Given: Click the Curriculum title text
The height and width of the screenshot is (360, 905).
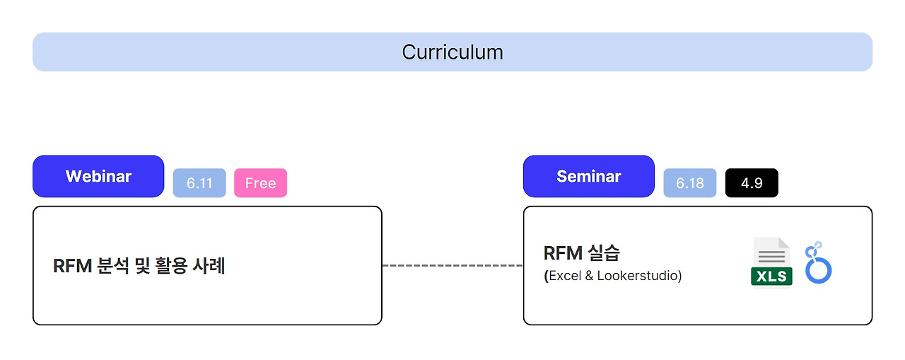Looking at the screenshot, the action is (452, 52).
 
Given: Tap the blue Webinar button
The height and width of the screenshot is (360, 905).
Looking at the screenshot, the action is (98, 176).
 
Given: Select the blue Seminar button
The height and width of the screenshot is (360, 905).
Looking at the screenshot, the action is (589, 176).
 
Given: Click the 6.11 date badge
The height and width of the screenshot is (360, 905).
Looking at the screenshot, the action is (199, 183).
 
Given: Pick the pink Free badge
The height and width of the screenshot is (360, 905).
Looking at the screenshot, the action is (261, 183).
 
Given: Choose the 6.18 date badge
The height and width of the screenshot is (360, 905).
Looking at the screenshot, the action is (690, 183).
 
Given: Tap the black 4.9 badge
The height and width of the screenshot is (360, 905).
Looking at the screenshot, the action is (752, 183).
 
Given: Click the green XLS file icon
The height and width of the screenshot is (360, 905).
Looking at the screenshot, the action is (771, 262).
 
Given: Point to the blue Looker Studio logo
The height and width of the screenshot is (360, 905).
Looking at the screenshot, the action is (818, 262).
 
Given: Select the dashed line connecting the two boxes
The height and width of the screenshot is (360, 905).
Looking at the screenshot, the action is (452, 265).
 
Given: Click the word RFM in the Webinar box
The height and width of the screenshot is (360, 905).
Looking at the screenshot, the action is (72, 266).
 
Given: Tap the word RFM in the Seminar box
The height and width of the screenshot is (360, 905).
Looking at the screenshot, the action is (563, 253).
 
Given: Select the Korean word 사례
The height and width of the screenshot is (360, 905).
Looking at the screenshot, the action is (209, 266).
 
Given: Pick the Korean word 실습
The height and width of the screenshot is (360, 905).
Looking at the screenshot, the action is (604, 253).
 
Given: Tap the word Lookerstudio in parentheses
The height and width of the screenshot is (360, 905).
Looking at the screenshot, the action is (637, 276).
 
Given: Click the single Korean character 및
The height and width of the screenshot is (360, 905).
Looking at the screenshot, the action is (142, 266).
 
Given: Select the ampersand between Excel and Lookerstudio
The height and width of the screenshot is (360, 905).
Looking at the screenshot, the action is (589, 276).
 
